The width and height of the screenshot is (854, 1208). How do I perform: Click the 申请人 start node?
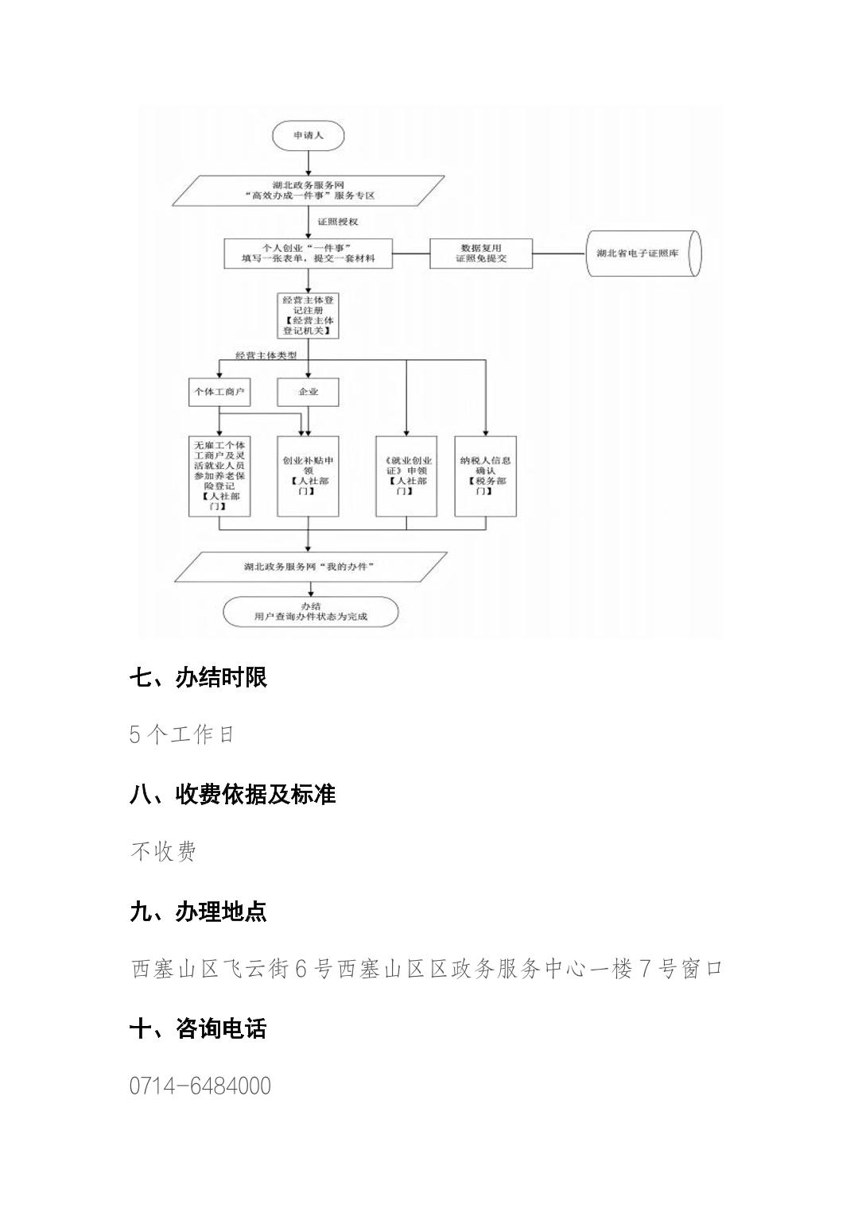click(x=309, y=136)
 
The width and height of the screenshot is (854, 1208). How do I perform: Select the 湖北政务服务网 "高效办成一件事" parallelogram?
click(x=308, y=189)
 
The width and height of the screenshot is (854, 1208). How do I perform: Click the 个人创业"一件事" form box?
click(x=309, y=254)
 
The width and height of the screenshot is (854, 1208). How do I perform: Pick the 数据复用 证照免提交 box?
click(x=481, y=254)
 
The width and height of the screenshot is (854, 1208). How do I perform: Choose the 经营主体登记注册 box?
click(x=309, y=315)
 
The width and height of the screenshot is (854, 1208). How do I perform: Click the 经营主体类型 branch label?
click(x=266, y=355)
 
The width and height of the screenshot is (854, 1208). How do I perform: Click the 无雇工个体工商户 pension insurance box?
click(x=219, y=475)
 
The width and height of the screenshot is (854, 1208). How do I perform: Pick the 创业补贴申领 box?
click(x=309, y=475)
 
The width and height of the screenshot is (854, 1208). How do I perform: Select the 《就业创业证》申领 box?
click(x=406, y=475)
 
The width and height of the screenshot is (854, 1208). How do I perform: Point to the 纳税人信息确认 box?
click(x=485, y=475)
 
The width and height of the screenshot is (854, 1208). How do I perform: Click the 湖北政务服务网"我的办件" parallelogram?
click(x=309, y=567)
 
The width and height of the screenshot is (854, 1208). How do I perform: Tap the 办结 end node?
click(x=310, y=611)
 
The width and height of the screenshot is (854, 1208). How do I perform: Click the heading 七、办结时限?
click(x=198, y=677)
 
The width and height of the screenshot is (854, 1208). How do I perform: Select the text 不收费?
click(x=163, y=852)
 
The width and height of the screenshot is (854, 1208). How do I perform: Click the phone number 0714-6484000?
click(x=200, y=1086)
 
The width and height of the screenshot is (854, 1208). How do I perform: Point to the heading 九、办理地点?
click(x=198, y=911)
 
